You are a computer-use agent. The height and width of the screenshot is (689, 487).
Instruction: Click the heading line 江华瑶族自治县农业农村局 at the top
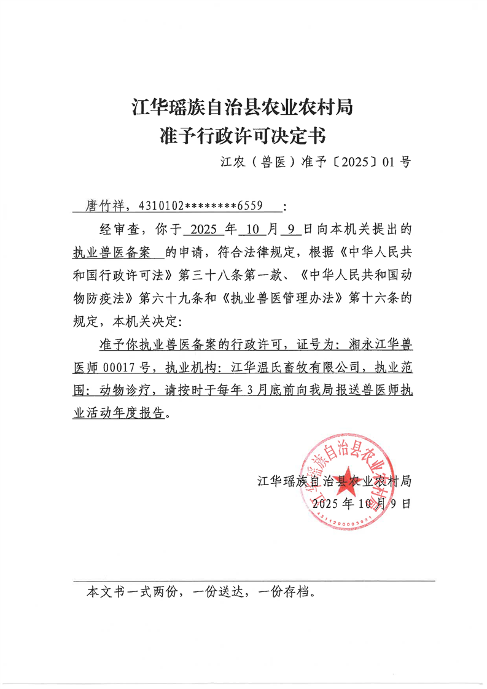tap(243, 107)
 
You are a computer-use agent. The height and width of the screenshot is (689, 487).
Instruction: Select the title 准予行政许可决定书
tap(243, 134)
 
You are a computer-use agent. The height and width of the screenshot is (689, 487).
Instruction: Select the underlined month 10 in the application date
tap(252, 230)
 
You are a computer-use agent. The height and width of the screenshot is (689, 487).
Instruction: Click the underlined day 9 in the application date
tap(290, 230)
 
